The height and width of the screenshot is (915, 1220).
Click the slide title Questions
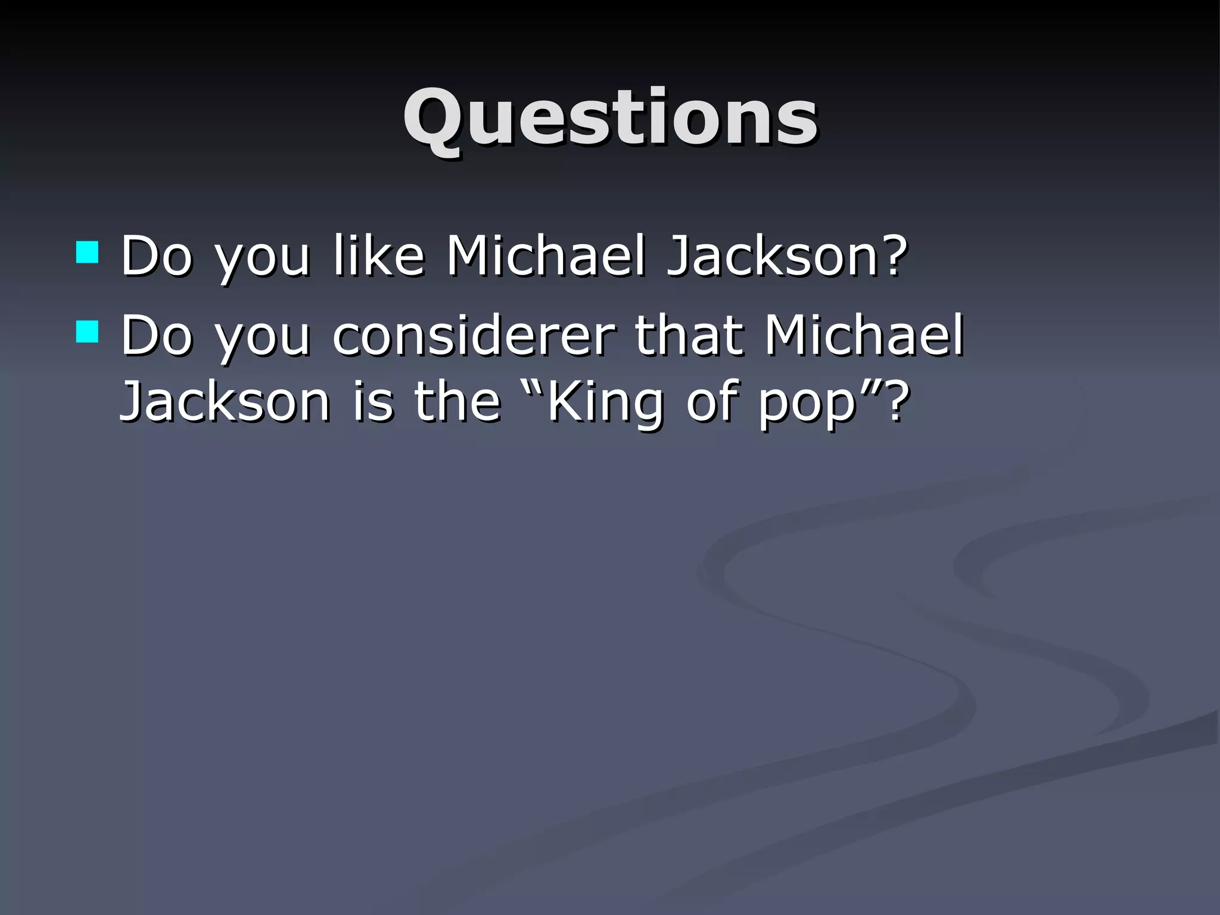point(610,117)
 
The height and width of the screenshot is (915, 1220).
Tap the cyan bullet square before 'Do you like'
point(87,253)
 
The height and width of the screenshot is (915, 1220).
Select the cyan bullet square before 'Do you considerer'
point(87,332)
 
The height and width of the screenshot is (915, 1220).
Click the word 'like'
point(379,256)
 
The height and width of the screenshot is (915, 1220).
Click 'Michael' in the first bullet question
point(546,256)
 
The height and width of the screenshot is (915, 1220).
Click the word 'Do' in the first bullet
point(157,256)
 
